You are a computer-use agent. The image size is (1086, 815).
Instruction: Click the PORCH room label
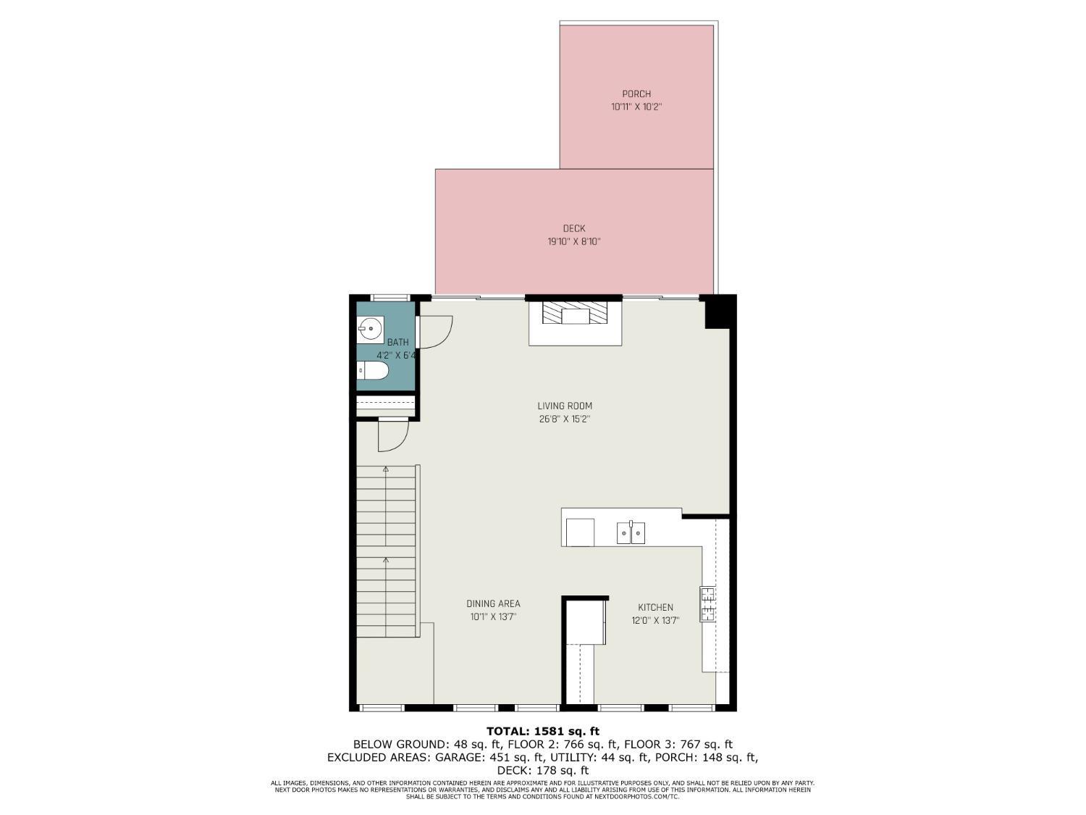(x=636, y=94)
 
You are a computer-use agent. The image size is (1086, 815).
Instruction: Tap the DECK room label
(x=573, y=229)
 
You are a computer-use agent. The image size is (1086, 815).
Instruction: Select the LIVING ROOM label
(x=565, y=406)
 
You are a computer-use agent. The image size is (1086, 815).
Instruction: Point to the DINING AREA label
(x=493, y=603)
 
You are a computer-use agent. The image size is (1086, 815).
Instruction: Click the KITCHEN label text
(x=655, y=607)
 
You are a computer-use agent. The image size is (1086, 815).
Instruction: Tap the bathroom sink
(x=370, y=328)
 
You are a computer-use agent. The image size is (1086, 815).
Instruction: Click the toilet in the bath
(x=373, y=370)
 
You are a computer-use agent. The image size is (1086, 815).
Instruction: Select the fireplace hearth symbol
(x=574, y=313)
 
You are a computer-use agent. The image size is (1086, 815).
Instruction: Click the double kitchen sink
(x=631, y=533)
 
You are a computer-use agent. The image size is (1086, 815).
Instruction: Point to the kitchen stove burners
(x=707, y=603)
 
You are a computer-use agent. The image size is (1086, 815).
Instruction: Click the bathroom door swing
(x=434, y=332)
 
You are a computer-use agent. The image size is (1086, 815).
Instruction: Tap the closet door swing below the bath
(x=393, y=435)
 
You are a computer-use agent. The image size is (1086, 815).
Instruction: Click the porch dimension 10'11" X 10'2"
(x=636, y=107)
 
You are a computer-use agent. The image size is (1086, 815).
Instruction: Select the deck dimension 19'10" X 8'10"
(x=573, y=242)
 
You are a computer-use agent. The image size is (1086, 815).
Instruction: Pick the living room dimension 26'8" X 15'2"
(x=565, y=419)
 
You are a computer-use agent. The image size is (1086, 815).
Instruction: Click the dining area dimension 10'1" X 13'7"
(x=493, y=617)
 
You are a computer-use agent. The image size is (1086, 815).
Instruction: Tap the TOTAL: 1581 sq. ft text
(x=542, y=731)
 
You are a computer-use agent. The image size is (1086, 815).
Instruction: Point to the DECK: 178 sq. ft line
(x=542, y=771)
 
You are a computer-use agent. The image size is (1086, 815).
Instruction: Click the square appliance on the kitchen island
(x=580, y=532)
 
